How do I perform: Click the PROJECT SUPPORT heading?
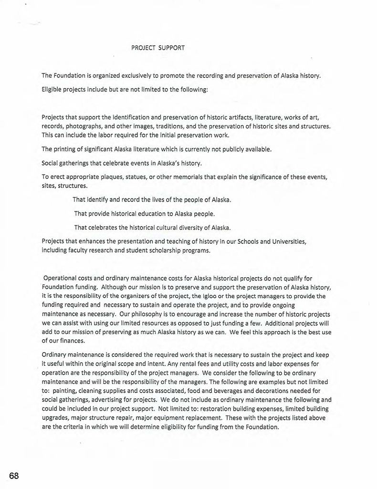[157, 48]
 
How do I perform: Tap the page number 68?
[13, 476]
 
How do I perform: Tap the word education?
[144, 213]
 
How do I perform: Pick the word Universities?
[287, 241]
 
